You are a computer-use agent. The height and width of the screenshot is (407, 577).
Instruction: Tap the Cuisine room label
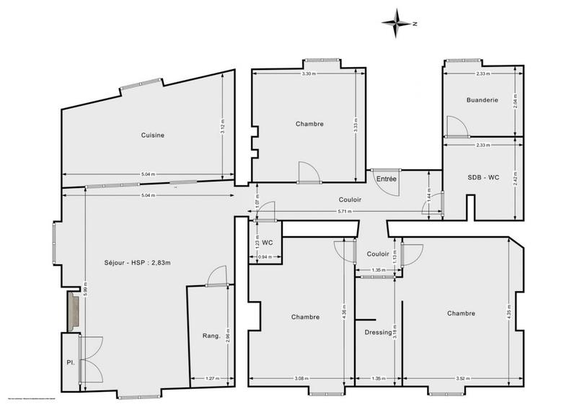pos(152,135)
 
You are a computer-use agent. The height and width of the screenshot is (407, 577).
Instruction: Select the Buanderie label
pos(483,101)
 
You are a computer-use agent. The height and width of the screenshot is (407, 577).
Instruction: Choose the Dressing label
pos(378,333)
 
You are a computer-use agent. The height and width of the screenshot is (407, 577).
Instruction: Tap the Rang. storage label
pos(211,336)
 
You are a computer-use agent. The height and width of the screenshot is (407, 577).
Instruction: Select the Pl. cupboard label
pos(71,362)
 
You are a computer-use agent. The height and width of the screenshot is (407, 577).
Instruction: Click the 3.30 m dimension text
pos(308,74)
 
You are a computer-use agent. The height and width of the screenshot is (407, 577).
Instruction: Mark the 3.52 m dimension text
pos(461,378)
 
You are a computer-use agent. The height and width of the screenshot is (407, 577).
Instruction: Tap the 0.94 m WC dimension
pos(265,257)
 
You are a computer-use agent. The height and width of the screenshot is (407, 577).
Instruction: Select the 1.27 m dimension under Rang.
pos(211,378)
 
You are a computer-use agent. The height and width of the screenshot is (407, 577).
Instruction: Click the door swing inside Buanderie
pos(454,126)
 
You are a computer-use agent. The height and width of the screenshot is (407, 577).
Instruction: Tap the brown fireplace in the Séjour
pos(72,311)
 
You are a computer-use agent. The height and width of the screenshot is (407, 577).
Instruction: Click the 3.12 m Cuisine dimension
pos(224,128)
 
